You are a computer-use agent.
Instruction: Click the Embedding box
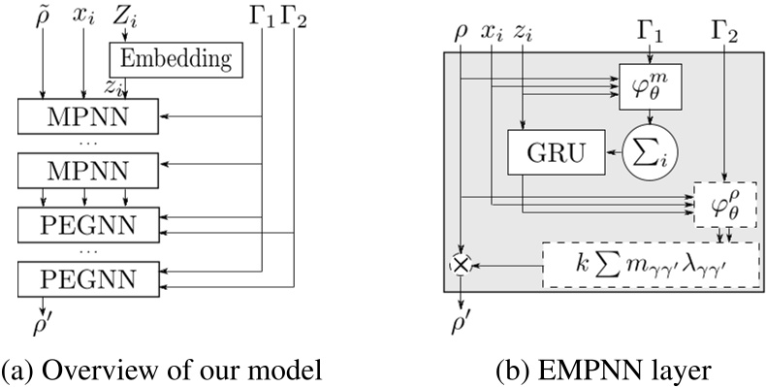click(176, 59)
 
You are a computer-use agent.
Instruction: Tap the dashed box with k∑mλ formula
click(650, 264)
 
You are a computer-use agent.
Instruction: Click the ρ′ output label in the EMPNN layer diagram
click(463, 316)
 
